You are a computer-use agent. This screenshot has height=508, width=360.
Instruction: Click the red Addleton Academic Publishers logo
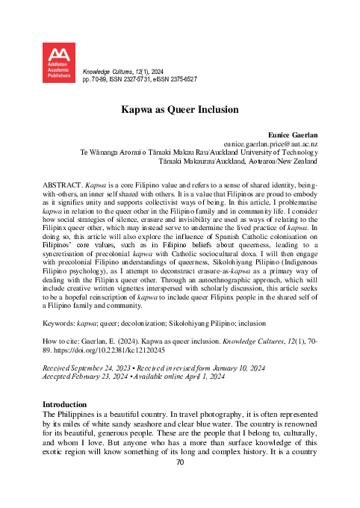(60, 63)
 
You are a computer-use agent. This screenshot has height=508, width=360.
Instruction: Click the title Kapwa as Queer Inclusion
(179, 108)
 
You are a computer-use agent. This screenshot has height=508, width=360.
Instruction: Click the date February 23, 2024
(100, 398)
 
